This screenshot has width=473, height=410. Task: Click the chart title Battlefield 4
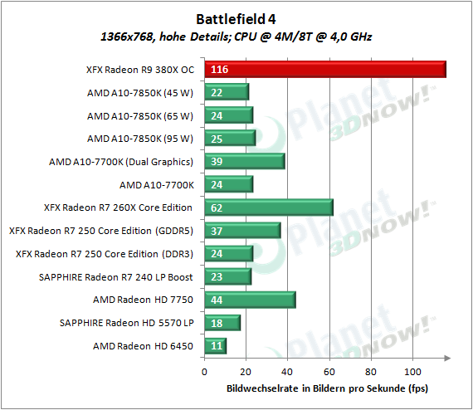[x=236, y=19]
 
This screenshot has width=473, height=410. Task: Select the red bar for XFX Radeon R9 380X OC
[x=325, y=70]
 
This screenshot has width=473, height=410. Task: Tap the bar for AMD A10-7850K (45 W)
[x=227, y=92]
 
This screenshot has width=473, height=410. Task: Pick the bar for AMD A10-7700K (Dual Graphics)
[x=245, y=161]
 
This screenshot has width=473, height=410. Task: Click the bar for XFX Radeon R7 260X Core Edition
[x=269, y=207]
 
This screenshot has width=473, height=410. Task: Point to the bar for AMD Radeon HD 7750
[x=250, y=300]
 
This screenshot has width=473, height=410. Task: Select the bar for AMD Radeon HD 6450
[x=216, y=346]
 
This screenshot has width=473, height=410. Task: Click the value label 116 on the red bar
[x=219, y=70]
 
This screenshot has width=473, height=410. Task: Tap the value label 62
[x=217, y=207]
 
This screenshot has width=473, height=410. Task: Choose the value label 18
[x=217, y=323]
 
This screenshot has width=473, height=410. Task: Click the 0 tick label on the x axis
[x=204, y=372]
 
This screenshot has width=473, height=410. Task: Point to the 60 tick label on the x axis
[x=329, y=372]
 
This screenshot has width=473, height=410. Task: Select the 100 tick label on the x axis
[x=412, y=372]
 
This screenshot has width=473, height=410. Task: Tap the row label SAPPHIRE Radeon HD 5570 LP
[x=127, y=323]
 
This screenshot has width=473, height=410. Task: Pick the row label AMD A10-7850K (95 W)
[x=140, y=139]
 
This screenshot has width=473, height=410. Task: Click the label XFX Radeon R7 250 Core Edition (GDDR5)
[x=101, y=231]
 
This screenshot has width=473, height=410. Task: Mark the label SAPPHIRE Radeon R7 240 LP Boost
[x=116, y=277]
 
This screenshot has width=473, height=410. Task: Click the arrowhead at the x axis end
[x=447, y=358]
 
